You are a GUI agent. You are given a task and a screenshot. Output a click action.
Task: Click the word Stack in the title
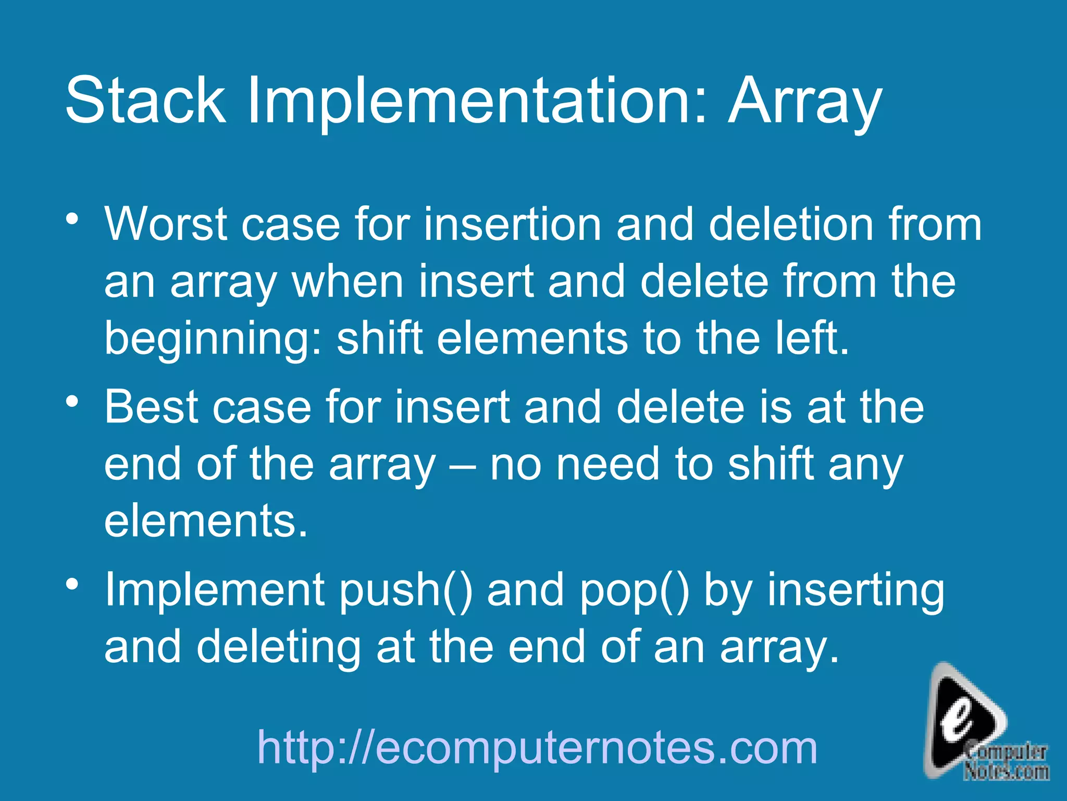145,100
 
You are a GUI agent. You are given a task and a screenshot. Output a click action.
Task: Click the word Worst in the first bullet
166,224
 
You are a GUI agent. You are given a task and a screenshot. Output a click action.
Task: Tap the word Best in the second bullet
151,407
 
